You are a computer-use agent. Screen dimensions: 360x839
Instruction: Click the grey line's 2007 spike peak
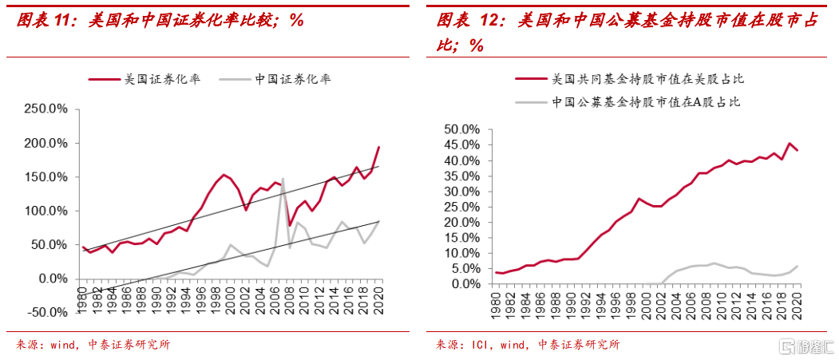click(283, 179)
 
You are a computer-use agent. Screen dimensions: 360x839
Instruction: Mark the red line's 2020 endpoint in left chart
click(378, 148)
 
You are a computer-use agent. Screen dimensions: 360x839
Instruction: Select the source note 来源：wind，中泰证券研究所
click(93, 345)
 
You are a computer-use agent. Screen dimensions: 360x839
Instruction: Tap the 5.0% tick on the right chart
click(463, 269)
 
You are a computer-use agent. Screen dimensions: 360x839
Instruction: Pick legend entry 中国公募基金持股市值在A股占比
click(646, 101)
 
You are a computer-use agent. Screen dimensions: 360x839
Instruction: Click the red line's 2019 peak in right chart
click(789, 144)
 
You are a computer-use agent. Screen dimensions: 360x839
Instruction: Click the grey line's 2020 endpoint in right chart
click(797, 266)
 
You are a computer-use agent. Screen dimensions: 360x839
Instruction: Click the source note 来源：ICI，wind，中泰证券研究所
click(528, 345)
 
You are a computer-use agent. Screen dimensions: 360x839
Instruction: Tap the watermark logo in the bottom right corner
click(806, 346)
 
